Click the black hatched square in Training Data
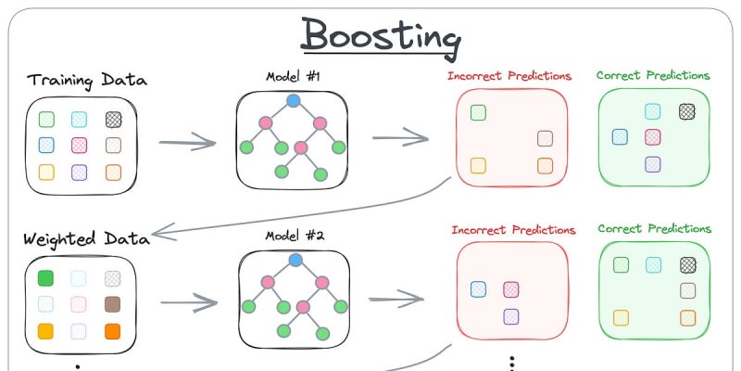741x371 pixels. [x=114, y=119]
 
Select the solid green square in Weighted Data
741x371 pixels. [x=46, y=277]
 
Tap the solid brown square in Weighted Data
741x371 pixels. [x=114, y=303]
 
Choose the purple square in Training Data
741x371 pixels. [x=80, y=171]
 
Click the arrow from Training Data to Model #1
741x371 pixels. [x=187, y=144]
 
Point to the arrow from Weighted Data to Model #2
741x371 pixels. [x=189, y=303]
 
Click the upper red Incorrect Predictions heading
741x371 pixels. [x=509, y=76]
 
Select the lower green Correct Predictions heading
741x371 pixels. [x=654, y=228]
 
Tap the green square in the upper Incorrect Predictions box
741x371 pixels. [x=479, y=113]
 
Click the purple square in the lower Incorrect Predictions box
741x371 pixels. [x=510, y=316]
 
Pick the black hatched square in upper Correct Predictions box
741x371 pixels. [x=686, y=110]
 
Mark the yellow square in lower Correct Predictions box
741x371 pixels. [x=621, y=317]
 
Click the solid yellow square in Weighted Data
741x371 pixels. [x=46, y=329]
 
